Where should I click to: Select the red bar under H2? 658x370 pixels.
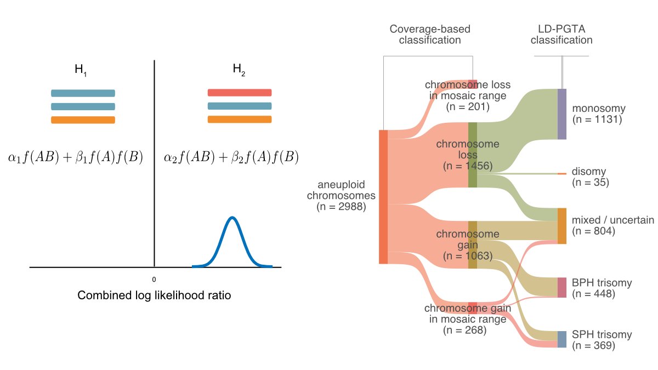240,93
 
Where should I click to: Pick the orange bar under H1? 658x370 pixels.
83,120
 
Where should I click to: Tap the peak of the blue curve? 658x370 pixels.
232,218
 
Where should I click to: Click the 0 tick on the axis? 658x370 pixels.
154,279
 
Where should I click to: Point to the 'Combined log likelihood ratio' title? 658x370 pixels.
154,295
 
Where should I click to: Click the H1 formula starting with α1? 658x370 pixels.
75,158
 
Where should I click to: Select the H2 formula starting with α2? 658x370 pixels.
231,158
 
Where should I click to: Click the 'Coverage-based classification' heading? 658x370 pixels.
430,35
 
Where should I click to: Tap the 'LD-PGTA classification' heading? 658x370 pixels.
561,35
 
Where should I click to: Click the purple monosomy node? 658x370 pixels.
561,114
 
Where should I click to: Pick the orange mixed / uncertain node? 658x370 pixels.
561,226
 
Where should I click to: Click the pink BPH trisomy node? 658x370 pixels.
561,288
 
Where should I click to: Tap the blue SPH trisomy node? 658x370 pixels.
561,339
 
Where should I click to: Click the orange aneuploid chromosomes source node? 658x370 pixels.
383,197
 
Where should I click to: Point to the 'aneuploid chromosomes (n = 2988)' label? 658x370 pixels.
341,196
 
